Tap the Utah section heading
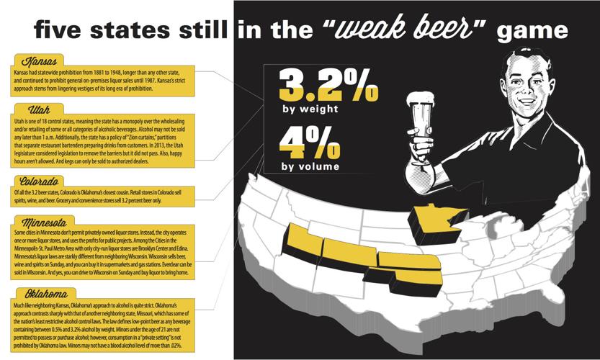click(x=31, y=110)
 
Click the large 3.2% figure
click(x=328, y=84)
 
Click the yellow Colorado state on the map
click(x=346, y=251)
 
